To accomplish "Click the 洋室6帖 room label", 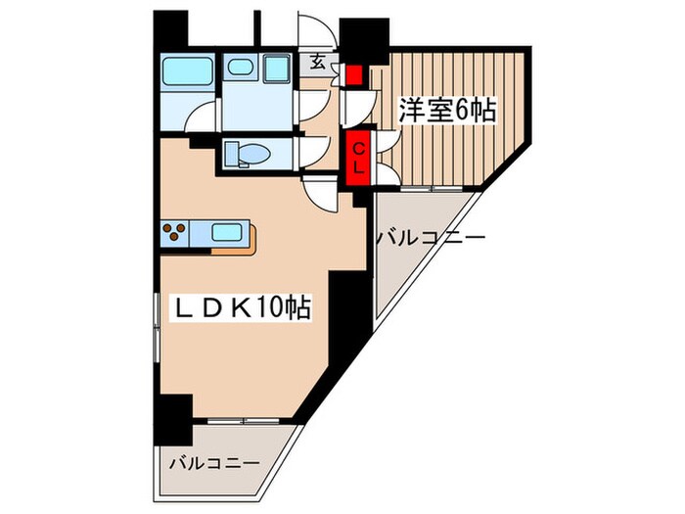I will (446, 112).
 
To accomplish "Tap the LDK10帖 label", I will (242, 308).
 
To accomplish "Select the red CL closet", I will (358, 157).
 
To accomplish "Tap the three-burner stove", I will (177, 233).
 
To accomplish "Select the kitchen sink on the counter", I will (228, 233).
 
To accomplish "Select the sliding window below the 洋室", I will (432, 186).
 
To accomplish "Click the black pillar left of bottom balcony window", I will (177, 415).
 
